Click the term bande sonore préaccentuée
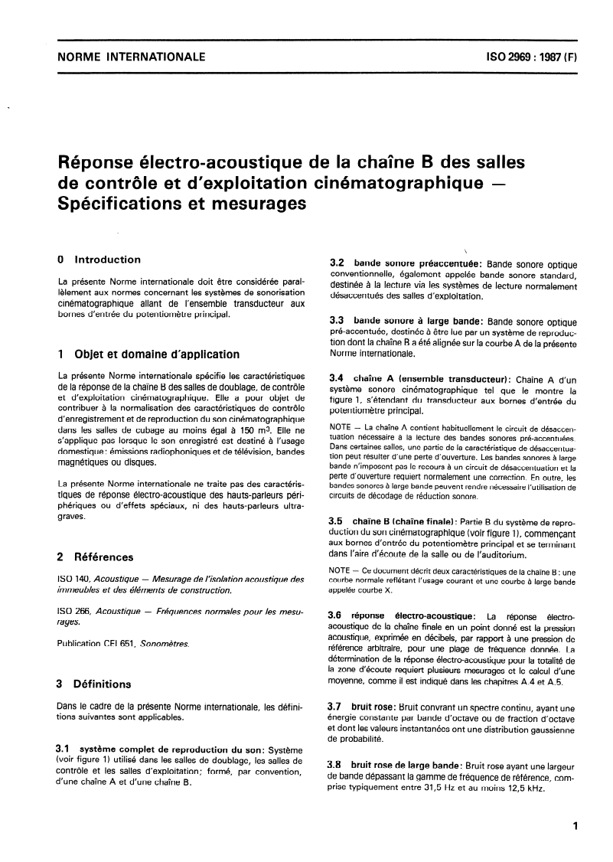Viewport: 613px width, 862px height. (403, 263)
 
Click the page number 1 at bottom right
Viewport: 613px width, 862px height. (574, 827)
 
